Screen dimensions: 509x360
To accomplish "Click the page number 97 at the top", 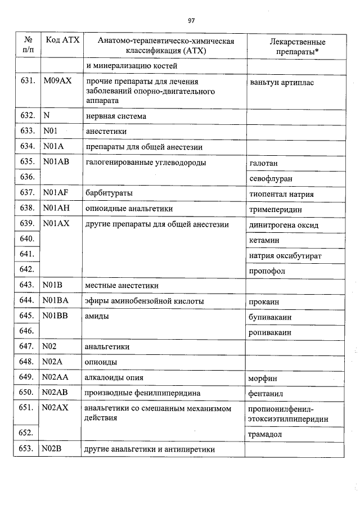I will coord(191,21).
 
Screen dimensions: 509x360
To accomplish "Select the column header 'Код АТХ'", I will coord(62,41).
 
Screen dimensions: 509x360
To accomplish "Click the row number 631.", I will coord(28,81).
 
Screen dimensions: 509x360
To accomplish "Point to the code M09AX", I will coord(57,81).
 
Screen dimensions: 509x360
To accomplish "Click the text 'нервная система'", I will coord(116,116).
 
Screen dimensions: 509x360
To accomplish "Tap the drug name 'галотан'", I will coord(263,163).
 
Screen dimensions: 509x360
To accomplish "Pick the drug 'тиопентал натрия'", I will coord(281,194).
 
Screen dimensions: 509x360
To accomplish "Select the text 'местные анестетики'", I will coord(121,286).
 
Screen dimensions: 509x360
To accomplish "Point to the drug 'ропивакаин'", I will coord(270,332).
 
